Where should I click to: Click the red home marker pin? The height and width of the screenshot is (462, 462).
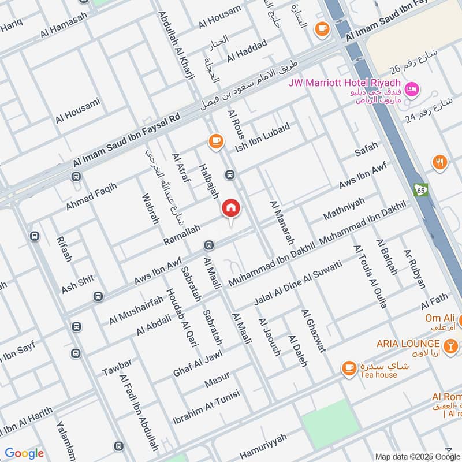[231, 209]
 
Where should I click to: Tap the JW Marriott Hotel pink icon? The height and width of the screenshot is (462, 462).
[412, 89]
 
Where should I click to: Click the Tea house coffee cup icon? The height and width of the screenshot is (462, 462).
[348, 367]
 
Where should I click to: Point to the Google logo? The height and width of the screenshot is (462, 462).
[24, 453]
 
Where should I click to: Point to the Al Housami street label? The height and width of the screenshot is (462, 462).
[78, 111]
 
